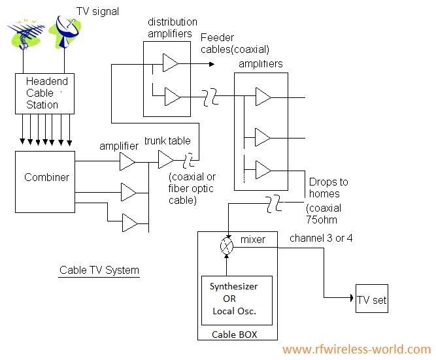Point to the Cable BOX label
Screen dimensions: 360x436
[233, 335]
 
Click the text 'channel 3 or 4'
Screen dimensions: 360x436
[321, 238]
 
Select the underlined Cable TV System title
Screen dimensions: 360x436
[99, 270]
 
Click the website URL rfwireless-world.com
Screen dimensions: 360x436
[356, 350]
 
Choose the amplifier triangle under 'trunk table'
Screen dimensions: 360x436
[166, 159]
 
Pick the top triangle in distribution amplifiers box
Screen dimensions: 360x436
[170, 63]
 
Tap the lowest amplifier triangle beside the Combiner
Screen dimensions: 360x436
[129, 223]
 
